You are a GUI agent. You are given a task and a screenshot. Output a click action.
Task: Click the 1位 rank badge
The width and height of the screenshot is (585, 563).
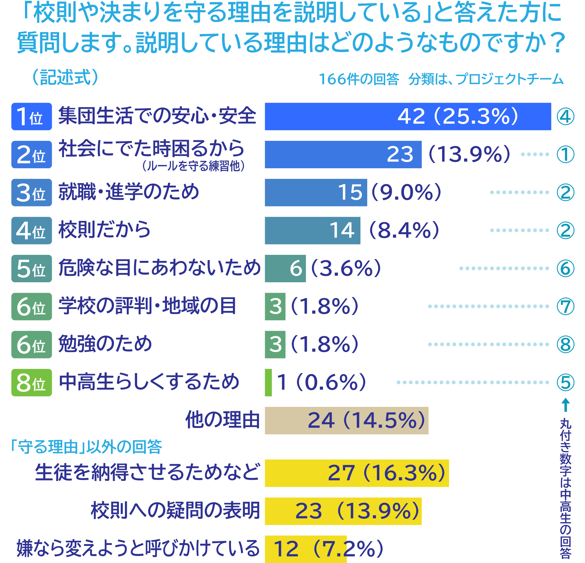point(32,116)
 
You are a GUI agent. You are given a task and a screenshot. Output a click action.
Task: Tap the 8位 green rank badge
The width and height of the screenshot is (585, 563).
point(32,383)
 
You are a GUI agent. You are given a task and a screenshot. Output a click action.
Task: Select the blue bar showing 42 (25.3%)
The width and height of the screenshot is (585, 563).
point(408,116)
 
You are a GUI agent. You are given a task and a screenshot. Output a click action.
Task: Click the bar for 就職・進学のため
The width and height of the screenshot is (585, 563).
point(316,192)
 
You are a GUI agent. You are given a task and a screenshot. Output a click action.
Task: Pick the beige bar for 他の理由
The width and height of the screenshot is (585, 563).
point(346,420)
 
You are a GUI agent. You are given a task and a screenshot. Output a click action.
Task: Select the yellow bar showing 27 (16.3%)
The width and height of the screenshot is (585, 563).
point(356,473)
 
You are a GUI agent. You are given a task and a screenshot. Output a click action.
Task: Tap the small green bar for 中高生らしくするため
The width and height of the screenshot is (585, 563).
point(268,383)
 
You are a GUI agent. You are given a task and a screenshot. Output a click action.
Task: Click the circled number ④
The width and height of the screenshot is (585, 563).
point(565,116)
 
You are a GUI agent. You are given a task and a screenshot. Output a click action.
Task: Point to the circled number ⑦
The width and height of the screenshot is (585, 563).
point(565,306)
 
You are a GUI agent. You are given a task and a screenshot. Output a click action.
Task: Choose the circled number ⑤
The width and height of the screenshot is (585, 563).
point(565,383)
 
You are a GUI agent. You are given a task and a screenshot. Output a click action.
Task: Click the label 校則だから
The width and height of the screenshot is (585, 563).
point(105,230)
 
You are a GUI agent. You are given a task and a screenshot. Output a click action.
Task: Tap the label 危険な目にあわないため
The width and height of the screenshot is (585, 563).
point(159,268)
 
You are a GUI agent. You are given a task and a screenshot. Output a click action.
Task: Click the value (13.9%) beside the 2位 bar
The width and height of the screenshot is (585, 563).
point(469,154)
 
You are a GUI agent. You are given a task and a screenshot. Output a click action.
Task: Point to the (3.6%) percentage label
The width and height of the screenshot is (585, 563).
point(346,268)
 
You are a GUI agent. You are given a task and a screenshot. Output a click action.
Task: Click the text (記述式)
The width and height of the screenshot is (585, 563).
point(65,77)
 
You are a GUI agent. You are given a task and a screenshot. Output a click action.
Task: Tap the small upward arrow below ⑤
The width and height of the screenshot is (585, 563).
point(565,405)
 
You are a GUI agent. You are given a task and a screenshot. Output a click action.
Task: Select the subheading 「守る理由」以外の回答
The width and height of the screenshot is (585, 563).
point(86,447)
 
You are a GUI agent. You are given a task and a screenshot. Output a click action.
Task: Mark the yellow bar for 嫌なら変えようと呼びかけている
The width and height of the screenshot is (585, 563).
point(306,549)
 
